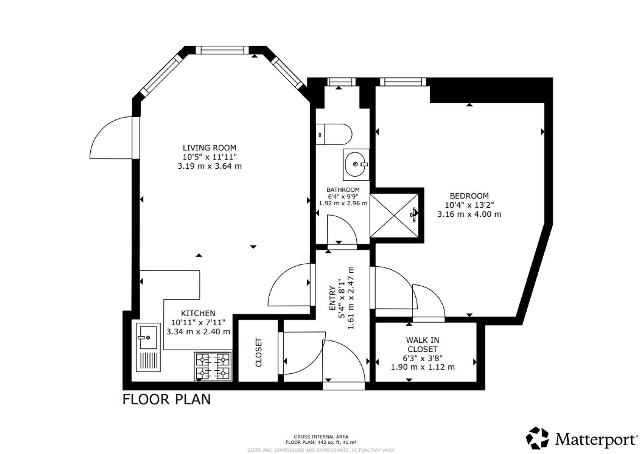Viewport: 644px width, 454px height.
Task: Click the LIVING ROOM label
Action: (x=209, y=148)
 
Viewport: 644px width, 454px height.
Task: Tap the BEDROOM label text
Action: (x=469, y=196)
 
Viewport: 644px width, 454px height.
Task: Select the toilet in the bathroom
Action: (x=334, y=134)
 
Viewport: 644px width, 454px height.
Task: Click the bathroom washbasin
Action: (x=356, y=165)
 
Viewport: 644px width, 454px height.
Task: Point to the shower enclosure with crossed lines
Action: (x=395, y=215)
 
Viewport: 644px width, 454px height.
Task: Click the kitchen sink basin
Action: (x=148, y=337)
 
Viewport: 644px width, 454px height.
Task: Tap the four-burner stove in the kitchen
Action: (x=213, y=366)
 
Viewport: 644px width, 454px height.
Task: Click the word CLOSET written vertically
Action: (x=259, y=352)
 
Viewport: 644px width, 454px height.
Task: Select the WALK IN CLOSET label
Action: (x=422, y=345)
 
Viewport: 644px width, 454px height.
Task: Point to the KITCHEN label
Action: (x=198, y=313)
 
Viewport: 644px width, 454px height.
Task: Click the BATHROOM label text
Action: (x=343, y=190)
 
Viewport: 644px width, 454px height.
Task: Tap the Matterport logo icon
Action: (x=537, y=438)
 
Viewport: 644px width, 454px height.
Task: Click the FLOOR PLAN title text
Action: (x=166, y=400)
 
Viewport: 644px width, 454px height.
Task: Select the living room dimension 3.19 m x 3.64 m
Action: (x=210, y=166)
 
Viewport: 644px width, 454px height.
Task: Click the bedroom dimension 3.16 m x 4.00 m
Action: (x=469, y=214)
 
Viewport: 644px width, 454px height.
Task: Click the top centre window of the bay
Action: (x=222, y=50)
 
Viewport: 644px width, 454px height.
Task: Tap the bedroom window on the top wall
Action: (x=403, y=82)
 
